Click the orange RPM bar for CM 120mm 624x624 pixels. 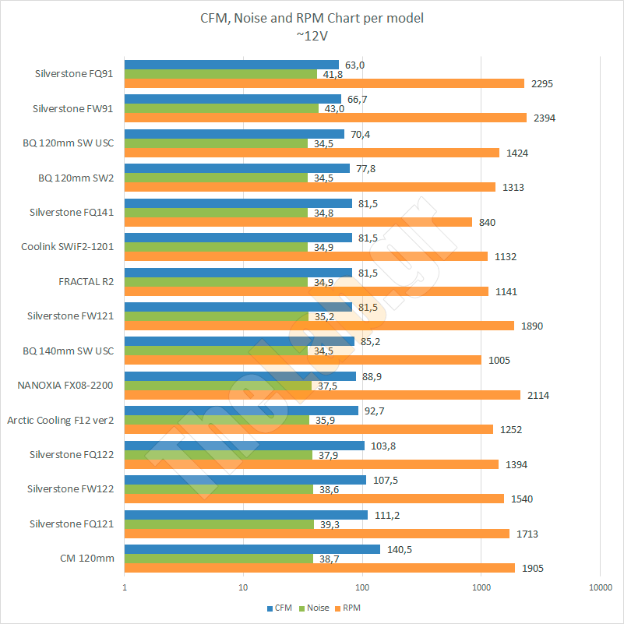click(x=319, y=568)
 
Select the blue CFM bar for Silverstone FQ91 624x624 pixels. click(x=231, y=65)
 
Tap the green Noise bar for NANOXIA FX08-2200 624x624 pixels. click(x=218, y=386)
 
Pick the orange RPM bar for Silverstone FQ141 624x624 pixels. click(x=298, y=222)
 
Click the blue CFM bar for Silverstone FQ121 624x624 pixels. click(x=246, y=515)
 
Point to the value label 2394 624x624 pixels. click(x=544, y=118)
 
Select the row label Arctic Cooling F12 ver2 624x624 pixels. click(x=61, y=420)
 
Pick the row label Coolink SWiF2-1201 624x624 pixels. click(x=68, y=247)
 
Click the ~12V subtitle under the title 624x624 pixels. click(x=312, y=34)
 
